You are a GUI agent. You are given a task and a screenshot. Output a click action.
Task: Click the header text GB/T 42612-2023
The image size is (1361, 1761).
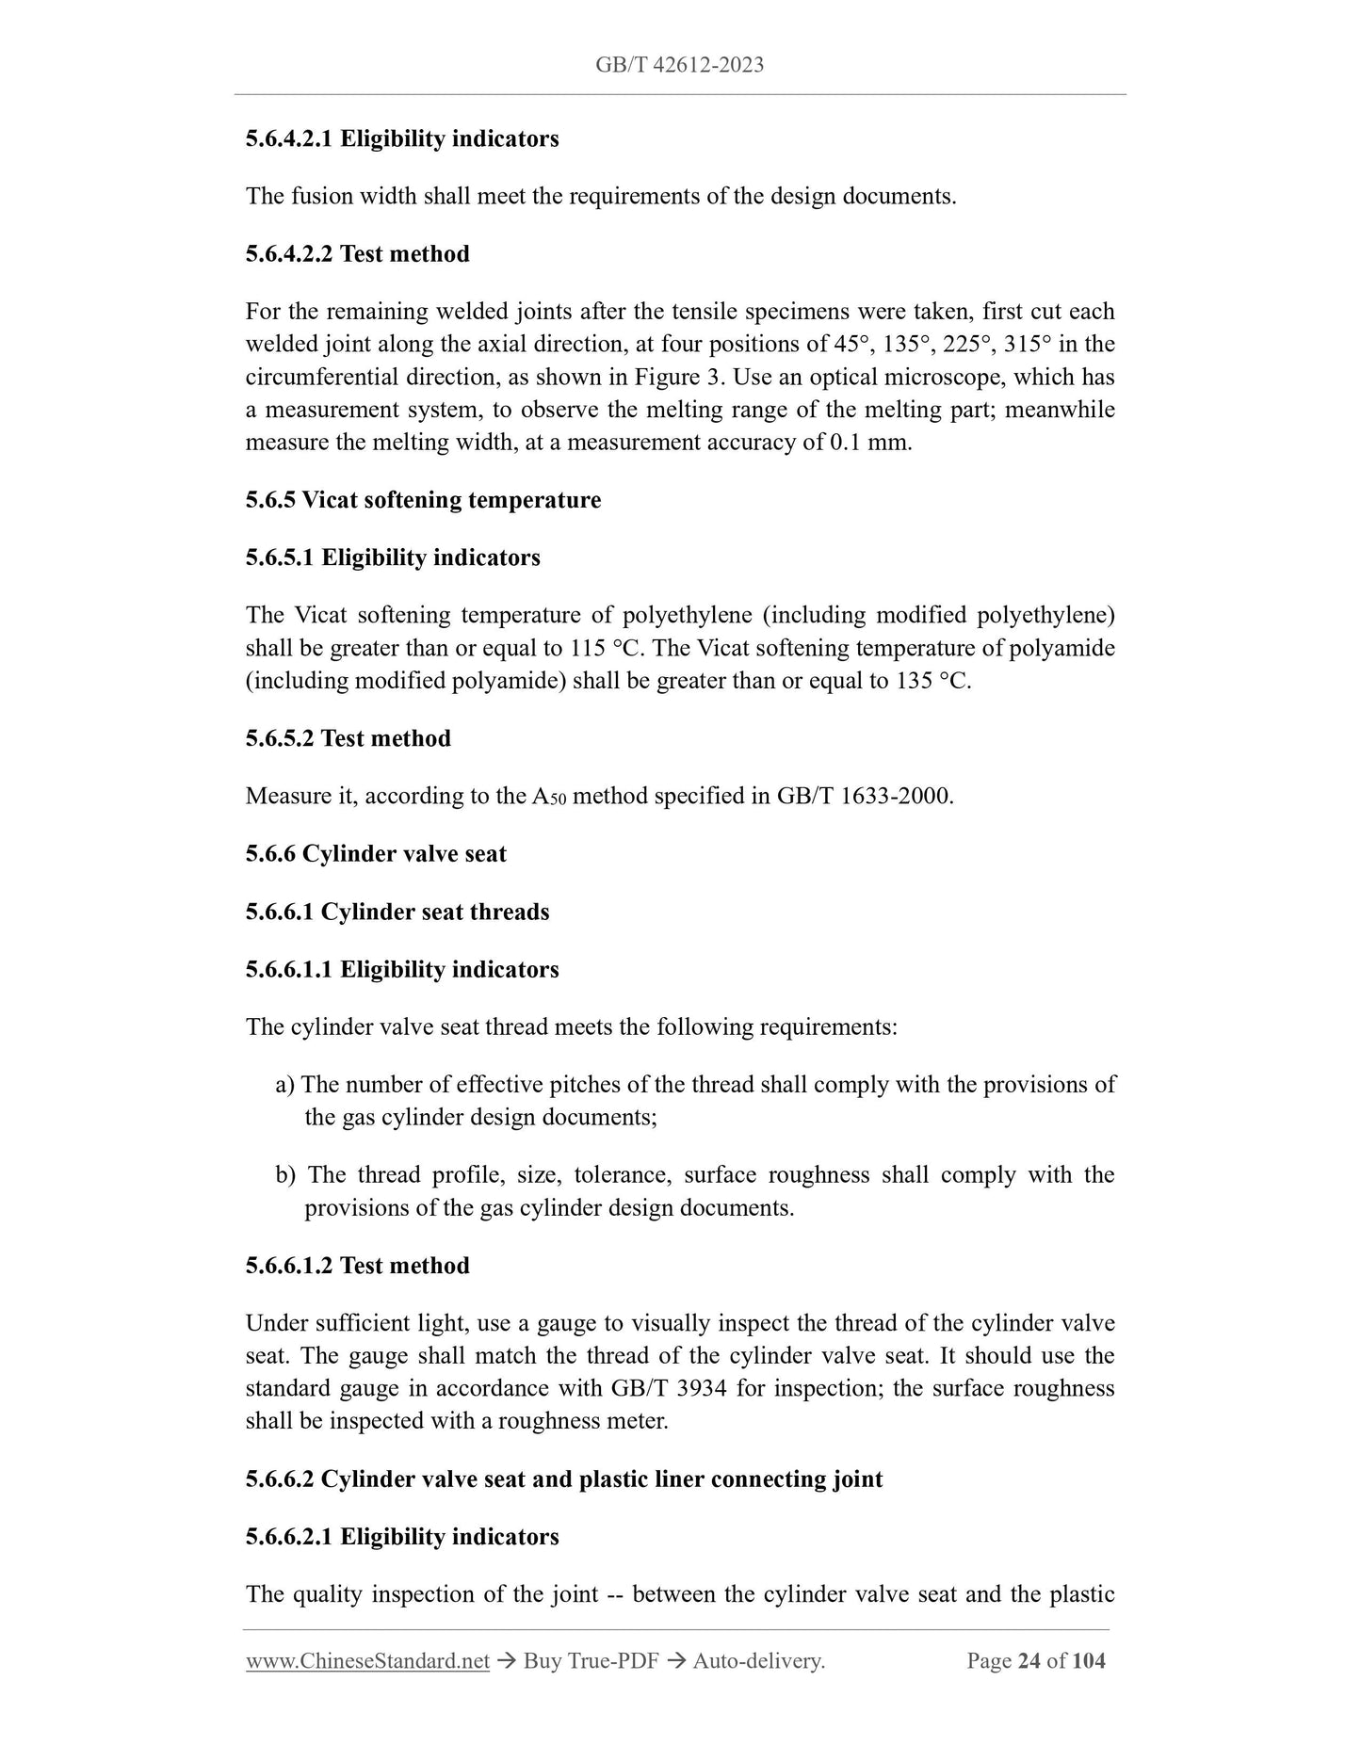click(x=679, y=65)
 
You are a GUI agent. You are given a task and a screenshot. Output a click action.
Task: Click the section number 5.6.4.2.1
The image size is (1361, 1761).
click(x=288, y=138)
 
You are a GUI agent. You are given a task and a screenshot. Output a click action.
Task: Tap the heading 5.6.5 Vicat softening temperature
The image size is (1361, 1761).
click(x=423, y=499)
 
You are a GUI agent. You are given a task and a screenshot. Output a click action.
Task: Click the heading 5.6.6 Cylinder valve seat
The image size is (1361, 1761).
click(x=376, y=853)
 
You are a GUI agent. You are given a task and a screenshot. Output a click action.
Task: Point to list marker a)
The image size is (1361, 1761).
click(x=285, y=1084)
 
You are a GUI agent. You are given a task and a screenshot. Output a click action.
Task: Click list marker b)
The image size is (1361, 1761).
click(x=285, y=1174)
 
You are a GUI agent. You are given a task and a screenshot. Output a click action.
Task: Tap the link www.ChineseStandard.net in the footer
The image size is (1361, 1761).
click(x=367, y=1661)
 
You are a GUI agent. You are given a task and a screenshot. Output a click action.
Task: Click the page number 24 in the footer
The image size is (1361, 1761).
click(x=1029, y=1661)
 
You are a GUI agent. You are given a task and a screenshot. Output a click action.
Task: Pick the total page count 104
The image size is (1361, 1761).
click(x=1089, y=1661)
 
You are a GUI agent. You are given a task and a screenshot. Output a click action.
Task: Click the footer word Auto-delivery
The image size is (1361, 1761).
click(x=758, y=1661)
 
